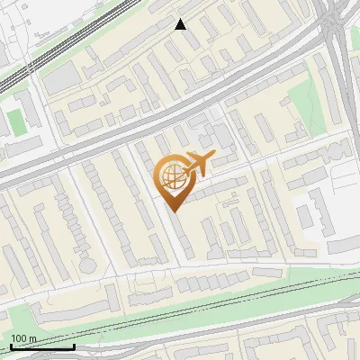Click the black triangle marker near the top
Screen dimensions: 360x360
[x=181, y=24]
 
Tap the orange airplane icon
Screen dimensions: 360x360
[x=197, y=164]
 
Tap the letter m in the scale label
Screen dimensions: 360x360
[x=32, y=338]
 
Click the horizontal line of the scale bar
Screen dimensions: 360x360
[x=41, y=346]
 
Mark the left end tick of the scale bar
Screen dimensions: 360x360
[x=10, y=345]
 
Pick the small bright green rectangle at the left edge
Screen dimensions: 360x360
[x=15, y=121]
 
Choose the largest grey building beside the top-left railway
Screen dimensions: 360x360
[x=61, y=79]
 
